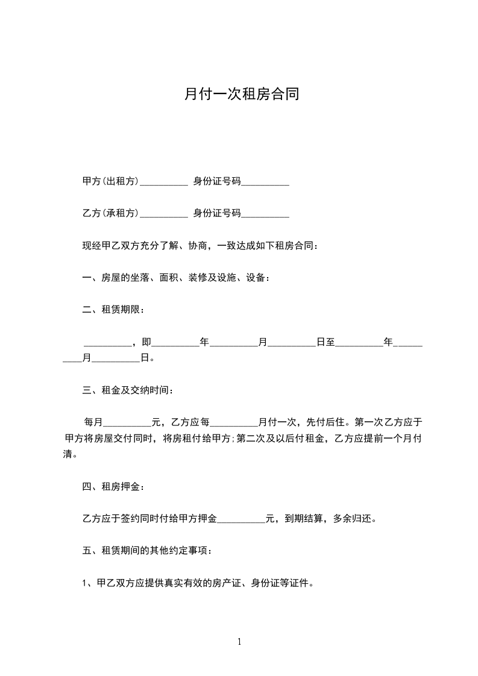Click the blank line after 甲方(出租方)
(x=163, y=183)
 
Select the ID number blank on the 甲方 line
(x=265, y=183)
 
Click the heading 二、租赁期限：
(x=113, y=310)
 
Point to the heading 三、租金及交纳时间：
(x=128, y=391)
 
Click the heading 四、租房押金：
(x=113, y=487)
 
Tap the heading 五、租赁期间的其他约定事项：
(x=147, y=551)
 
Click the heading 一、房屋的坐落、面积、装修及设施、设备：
(x=176, y=278)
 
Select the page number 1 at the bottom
(x=239, y=642)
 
